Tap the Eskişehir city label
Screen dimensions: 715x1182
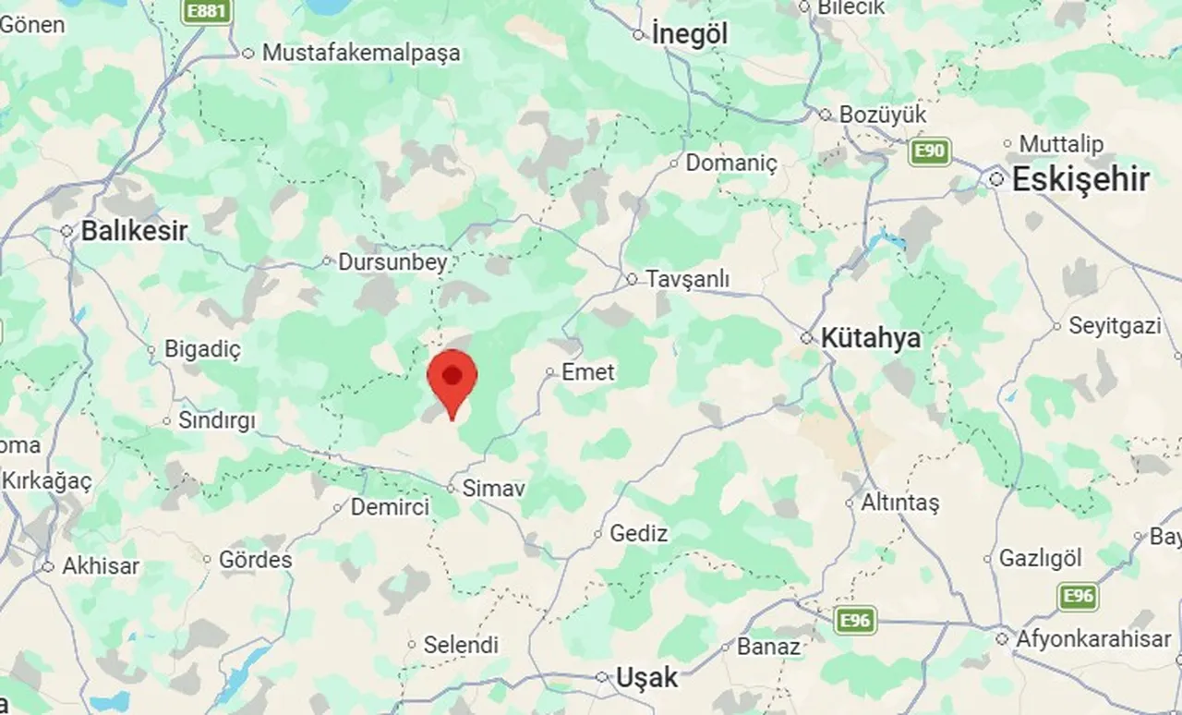click(x=1080, y=179)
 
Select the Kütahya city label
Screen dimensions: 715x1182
click(x=871, y=338)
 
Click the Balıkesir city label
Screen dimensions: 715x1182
click(x=134, y=230)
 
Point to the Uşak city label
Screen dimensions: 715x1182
click(x=646, y=677)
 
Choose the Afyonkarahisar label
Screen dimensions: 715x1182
click(x=1093, y=638)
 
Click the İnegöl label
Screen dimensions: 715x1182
click(x=690, y=34)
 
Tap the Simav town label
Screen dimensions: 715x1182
click(x=493, y=489)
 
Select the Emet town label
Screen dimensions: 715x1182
click(x=587, y=372)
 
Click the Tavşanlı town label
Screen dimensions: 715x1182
click(x=688, y=279)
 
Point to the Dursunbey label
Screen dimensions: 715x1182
click(x=392, y=262)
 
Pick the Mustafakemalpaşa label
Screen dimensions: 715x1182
click(x=361, y=53)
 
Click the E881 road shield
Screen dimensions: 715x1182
click(x=205, y=11)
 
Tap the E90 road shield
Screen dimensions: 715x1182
click(x=929, y=151)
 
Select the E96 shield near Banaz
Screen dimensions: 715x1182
click(x=855, y=620)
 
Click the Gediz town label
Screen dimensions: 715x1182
click(x=638, y=533)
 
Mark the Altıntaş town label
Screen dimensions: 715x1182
click(x=899, y=503)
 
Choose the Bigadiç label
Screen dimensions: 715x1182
click(x=202, y=350)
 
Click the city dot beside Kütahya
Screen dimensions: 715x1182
click(x=806, y=338)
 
